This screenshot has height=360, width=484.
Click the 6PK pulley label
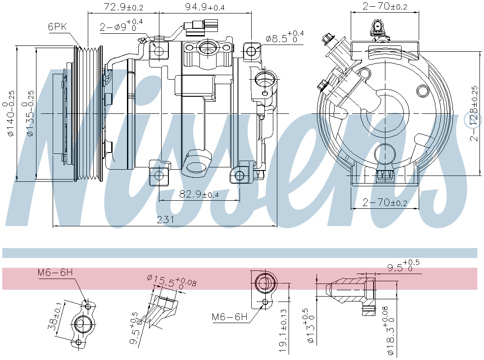coord(57,27)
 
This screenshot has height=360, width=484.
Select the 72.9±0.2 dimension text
coord(123,7)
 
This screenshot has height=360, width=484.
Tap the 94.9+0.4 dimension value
coord(205,7)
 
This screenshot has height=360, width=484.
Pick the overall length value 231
coord(165,220)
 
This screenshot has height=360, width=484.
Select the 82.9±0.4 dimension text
coord(199,194)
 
